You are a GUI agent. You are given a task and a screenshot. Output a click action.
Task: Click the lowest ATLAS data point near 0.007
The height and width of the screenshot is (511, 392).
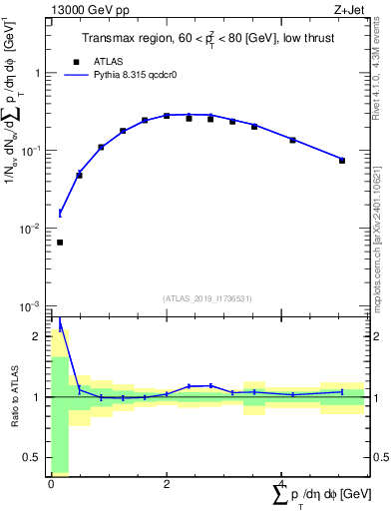(x=60, y=243)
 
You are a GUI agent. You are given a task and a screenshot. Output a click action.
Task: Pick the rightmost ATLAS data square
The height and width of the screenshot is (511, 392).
(x=342, y=160)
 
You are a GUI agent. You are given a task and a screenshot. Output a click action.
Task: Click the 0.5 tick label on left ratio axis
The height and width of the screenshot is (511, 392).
(x=32, y=457)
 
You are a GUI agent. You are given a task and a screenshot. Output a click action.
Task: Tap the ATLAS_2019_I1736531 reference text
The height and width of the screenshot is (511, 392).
(x=205, y=298)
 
